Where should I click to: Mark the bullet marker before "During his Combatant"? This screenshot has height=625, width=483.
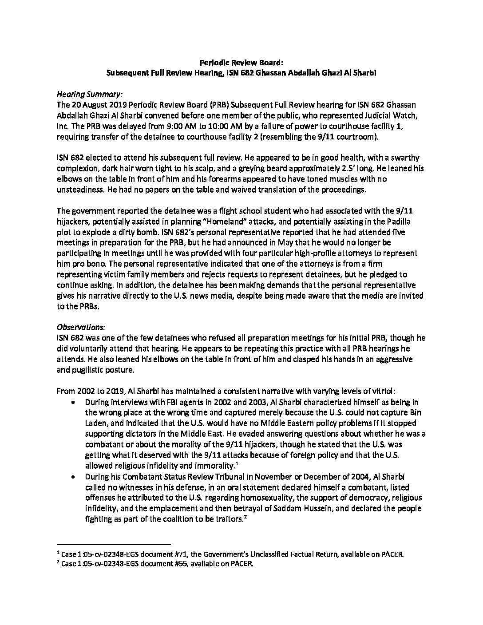click(73, 477)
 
